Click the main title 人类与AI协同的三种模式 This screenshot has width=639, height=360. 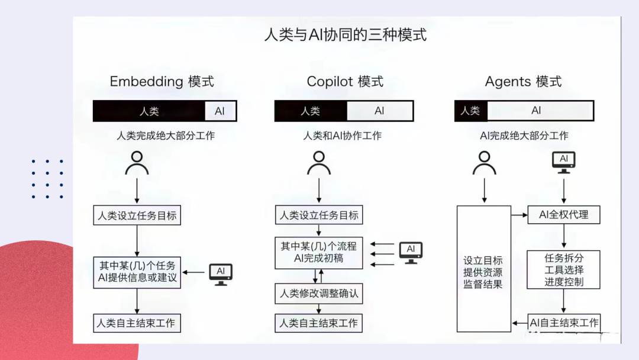(x=345, y=34)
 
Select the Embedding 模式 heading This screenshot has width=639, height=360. (x=162, y=82)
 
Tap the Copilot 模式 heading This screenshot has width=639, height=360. (x=345, y=82)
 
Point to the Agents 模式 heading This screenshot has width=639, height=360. (x=523, y=82)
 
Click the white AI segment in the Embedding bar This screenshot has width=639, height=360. (x=220, y=111)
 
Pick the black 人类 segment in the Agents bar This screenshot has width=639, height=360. (x=470, y=111)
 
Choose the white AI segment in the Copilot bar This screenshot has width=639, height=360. (x=379, y=111)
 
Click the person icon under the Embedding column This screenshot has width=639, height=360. (x=137, y=163)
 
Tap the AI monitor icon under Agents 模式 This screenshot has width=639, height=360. (x=563, y=161)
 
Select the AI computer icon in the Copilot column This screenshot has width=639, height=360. (x=411, y=252)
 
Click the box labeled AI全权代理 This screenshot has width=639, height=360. (x=563, y=215)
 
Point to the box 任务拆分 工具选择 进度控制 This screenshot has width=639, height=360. (x=563, y=269)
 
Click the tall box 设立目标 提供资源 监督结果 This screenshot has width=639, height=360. (x=483, y=269)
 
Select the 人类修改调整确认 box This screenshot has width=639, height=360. (x=318, y=294)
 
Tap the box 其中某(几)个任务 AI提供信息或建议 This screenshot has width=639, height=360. (x=137, y=272)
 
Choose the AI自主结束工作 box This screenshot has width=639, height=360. (x=564, y=323)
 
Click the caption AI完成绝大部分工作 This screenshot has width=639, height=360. (x=524, y=136)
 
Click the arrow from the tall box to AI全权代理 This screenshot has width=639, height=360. (x=519, y=215)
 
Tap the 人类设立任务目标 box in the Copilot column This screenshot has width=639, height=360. (x=318, y=215)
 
